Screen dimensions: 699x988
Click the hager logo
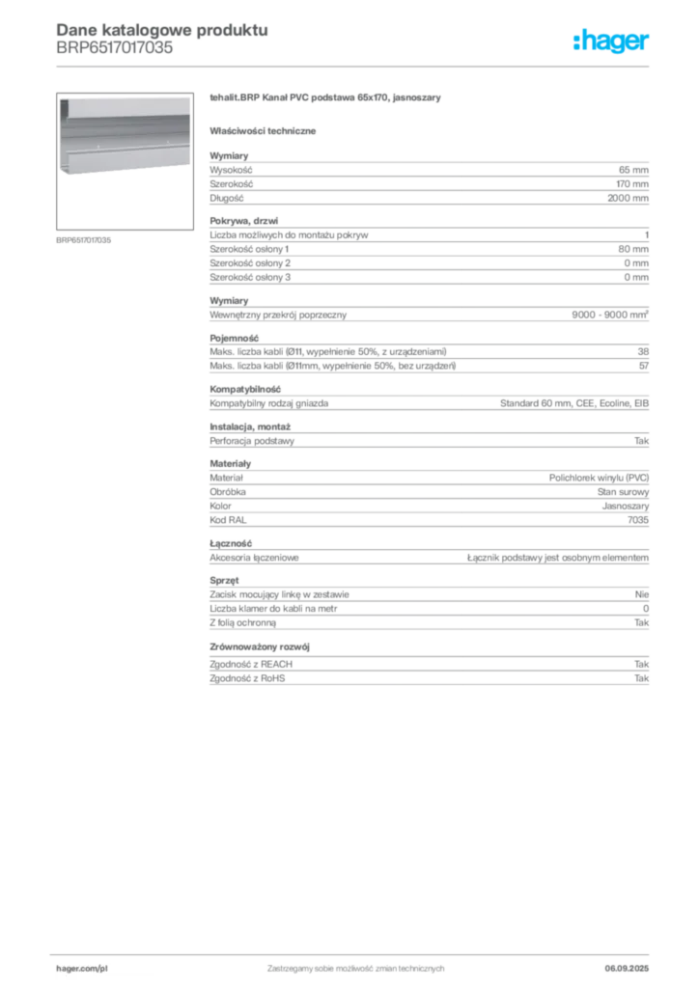click(x=611, y=41)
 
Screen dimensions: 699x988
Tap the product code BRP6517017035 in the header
click(x=114, y=48)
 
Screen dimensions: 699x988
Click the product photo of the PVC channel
click(x=125, y=161)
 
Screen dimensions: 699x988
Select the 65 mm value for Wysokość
click(x=633, y=170)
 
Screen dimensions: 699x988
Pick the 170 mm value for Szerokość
click(x=632, y=184)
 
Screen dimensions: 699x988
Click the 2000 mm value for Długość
click(x=628, y=198)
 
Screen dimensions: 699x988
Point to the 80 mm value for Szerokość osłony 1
click(x=633, y=249)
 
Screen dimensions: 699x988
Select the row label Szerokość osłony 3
click(x=250, y=277)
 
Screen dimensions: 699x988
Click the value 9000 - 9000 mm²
click(x=610, y=315)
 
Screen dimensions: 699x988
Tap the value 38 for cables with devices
click(x=643, y=351)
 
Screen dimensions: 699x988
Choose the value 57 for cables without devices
click(x=644, y=366)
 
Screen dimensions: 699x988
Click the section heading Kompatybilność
click(x=245, y=390)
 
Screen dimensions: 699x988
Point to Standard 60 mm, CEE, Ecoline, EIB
click(x=574, y=403)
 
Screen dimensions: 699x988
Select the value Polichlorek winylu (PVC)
click(x=599, y=478)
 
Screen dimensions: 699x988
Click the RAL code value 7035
click(x=638, y=520)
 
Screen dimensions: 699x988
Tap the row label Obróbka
click(x=228, y=492)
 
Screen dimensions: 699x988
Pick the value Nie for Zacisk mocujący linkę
click(x=642, y=594)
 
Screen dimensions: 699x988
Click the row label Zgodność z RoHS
click(x=247, y=678)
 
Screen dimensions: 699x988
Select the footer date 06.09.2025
click(x=627, y=969)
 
